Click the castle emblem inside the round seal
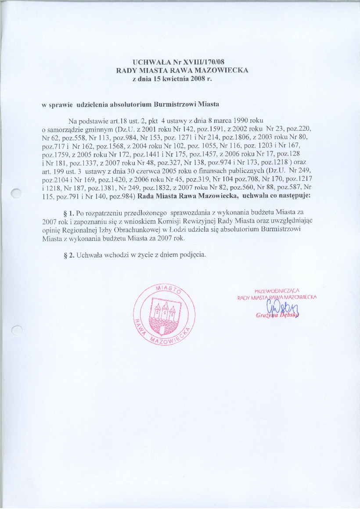163,312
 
